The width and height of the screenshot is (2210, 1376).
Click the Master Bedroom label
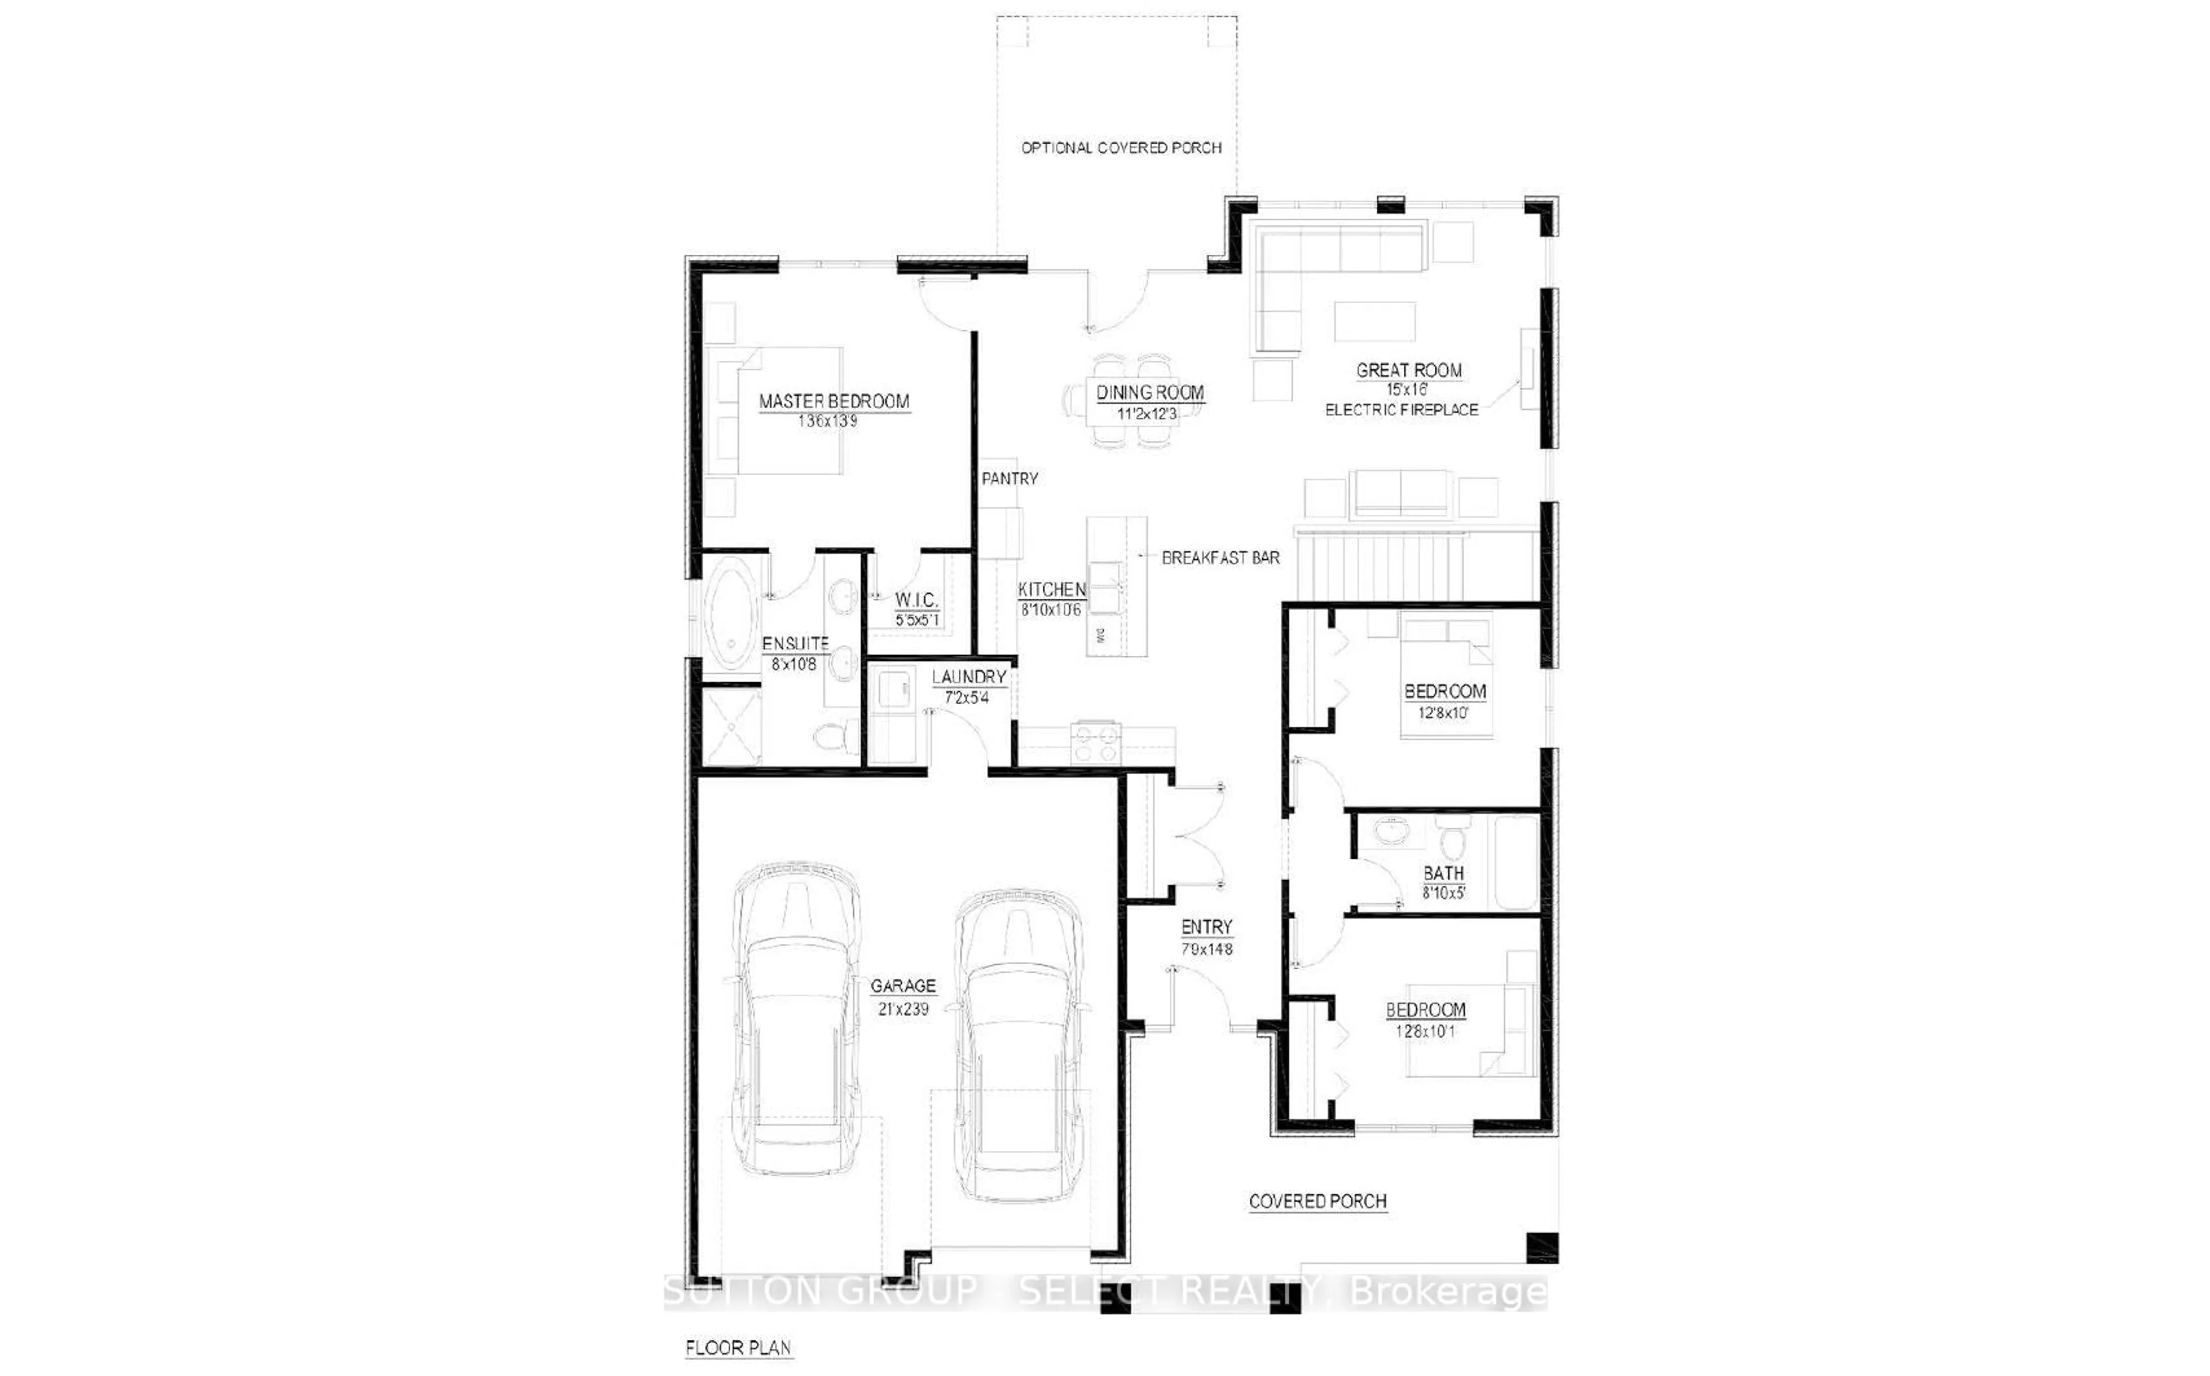tap(834, 402)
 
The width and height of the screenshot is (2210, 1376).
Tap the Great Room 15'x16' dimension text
tap(1408, 389)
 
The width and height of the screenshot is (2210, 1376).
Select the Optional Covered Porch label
tap(1121, 147)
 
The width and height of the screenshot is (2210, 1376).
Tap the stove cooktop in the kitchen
tap(1095, 741)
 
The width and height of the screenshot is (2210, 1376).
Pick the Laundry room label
tap(969, 677)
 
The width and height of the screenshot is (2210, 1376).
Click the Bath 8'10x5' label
tap(1443, 882)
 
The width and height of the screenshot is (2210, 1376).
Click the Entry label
tap(1206, 927)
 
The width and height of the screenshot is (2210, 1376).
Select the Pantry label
tap(1009, 479)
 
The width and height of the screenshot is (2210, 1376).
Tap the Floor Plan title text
tap(738, 1348)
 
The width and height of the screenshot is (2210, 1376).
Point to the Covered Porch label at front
tap(1317, 1201)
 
